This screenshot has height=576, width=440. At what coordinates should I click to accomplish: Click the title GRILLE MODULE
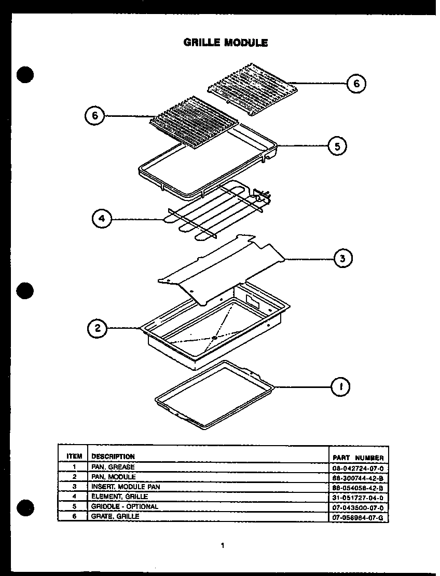pos(226,43)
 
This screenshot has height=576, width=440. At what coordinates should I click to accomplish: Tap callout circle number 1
pos(340,386)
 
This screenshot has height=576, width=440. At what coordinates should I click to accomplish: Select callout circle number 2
pos(98,328)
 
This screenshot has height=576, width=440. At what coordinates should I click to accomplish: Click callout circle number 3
pos(342,258)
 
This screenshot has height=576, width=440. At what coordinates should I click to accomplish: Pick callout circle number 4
pos(102,219)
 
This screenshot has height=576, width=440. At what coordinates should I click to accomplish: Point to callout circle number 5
pos(338,146)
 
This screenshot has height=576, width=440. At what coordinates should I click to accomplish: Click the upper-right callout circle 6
pos(356,83)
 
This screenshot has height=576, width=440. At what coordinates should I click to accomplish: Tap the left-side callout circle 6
pos(95,116)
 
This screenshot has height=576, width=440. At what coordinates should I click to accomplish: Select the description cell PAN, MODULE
pos(114,477)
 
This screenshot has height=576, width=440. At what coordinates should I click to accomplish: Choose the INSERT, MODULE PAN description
pos(126,487)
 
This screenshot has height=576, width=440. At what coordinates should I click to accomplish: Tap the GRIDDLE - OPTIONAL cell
pos(125,506)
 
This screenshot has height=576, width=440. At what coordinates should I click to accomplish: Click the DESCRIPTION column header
pos(113,457)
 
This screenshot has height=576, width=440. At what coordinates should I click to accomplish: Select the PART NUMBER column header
pos(358,458)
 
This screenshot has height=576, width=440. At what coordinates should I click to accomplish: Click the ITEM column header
pos(74,457)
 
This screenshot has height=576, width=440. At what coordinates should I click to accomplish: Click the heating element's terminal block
pos(262,196)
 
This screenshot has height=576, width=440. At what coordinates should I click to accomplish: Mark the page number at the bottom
pos(222,545)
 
